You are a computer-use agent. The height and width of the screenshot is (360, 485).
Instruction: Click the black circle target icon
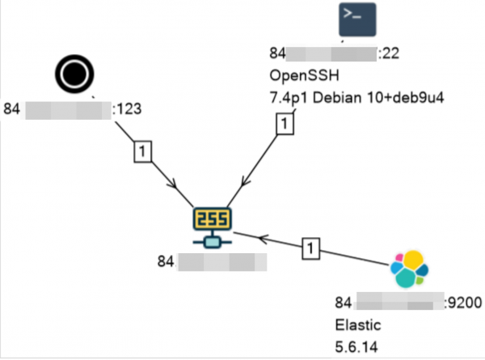75,74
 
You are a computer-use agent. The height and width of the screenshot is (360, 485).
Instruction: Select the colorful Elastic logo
408,270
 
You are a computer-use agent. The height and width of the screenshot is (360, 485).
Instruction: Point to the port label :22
389,54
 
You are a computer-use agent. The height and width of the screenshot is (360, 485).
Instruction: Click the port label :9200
463,303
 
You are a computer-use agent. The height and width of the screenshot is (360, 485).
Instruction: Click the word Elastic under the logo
354,324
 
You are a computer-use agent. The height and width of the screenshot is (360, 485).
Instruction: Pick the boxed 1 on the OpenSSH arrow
284,124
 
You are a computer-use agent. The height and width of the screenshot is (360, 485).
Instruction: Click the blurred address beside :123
68,108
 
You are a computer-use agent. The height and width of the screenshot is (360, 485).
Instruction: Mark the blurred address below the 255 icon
222,262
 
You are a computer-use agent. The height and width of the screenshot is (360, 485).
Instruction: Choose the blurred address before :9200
399,303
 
